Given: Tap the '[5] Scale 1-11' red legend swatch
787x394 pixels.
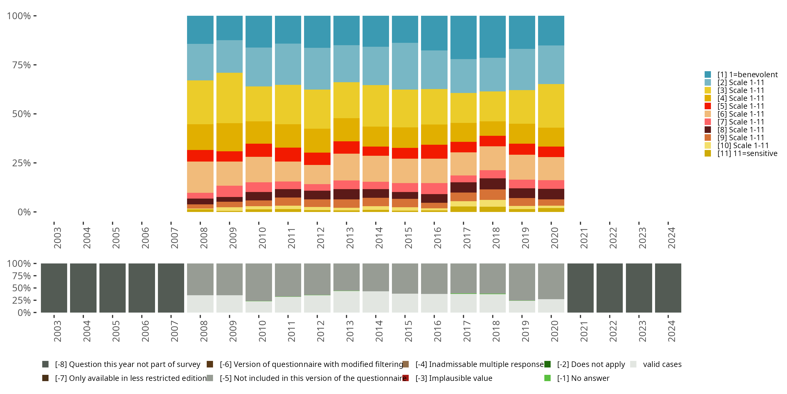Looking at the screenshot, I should coord(708,106).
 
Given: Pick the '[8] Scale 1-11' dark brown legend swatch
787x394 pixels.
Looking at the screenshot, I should coord(708,130).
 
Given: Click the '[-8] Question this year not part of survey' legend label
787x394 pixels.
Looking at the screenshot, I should coord(127,364).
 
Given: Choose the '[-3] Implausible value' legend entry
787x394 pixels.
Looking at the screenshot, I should coord(454,379).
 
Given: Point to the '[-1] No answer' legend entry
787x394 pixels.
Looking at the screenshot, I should coord(583,379).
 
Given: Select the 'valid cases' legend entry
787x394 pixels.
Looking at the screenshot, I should coord(662,364).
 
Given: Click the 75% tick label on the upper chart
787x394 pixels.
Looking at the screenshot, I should coord(22,65).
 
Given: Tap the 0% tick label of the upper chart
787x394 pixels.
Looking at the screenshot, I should coord(24,212).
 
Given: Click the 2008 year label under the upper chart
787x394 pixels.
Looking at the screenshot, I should coord(204,238).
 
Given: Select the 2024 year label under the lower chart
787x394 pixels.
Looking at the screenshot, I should coord(671,331).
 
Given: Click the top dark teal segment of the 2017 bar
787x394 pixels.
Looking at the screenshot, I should coord(464,37).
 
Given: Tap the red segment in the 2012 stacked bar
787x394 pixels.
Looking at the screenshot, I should coord(317,159).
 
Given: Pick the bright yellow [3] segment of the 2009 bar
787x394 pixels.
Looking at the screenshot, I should coord(230,98).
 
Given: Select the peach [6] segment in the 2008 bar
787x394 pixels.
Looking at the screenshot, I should coord(200,177).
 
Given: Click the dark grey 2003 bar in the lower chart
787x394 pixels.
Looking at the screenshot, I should coord(54,288).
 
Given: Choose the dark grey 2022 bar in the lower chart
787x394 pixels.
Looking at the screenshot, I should coord(609,288).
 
